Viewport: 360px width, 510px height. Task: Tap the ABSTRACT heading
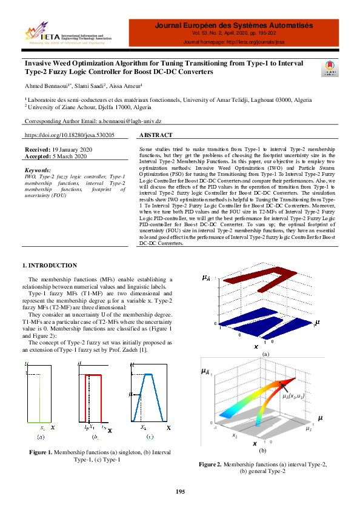click(x=156, y=136)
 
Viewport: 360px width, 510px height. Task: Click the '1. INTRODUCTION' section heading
click(x=50, y=266)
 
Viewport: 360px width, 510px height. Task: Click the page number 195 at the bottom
click(x=180, y=491)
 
